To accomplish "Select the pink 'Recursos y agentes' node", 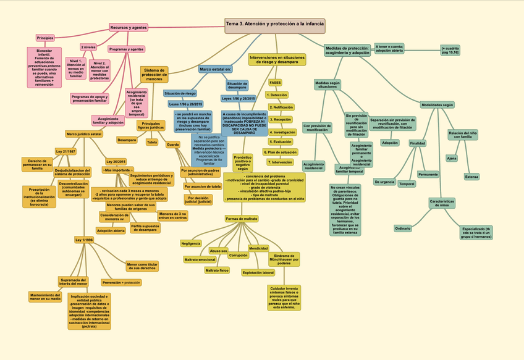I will [x=129, y=28].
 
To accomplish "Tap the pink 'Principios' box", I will [x=45, y=38].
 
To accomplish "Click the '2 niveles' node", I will [x=88, y=47].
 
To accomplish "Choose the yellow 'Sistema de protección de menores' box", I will [x=154, y=75].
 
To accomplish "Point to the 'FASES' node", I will [x=275, y=82].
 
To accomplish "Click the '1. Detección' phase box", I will [x=277, y=95].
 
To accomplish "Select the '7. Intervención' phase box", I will [x=281, y=162].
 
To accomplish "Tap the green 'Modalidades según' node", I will [x=437, y=105].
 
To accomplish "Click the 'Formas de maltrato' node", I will [x=242, y=219].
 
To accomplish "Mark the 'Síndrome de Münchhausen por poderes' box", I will [x=284, y=259].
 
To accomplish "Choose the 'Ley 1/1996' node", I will [x=83, y=240].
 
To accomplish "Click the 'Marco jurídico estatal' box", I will [x=84, y=134].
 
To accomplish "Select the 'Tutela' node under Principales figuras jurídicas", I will [x=152, y=142].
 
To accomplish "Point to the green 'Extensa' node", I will [x=471, y=177].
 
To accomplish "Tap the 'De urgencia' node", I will [x=384, y=182].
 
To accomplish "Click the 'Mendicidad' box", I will [x=258, y=248].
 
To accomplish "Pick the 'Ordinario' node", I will [x=403, y=228].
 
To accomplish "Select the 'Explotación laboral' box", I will [x=258, y=272].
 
